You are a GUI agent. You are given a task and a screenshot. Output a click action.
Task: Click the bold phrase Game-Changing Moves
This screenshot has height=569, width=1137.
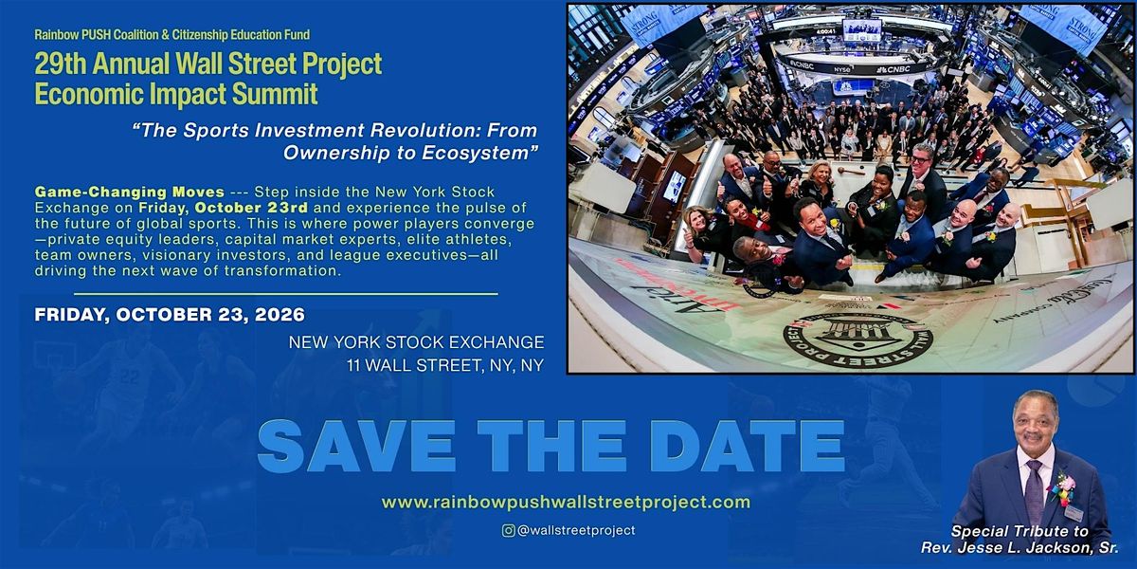coord(130,192)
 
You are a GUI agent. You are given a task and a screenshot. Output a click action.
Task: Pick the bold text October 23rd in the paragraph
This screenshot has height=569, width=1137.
coord(251,208)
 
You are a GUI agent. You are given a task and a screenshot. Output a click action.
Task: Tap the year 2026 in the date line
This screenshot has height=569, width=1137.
coord(280,315)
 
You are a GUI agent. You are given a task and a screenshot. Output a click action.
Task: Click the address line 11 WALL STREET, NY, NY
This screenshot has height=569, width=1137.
coord(445,365)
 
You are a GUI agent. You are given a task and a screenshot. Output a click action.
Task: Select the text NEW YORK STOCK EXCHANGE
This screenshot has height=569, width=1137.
coord(416,342)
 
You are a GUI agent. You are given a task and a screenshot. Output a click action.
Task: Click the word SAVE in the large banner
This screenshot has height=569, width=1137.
coord(356,447)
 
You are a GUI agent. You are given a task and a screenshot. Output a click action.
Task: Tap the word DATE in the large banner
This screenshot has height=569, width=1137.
coord(748,447)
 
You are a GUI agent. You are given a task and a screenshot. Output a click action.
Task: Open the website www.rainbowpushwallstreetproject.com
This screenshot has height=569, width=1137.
coord(566,503)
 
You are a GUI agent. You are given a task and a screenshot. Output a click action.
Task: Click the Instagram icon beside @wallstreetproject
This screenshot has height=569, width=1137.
coord(508,530)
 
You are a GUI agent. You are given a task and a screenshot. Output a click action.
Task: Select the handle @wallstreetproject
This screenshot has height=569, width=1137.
coord(576,530)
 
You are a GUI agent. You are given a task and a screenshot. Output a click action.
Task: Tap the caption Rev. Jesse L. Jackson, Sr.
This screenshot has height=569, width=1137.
coord(1020,548)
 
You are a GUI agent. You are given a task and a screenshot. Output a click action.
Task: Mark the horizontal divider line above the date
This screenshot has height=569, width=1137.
coord(286,294)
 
